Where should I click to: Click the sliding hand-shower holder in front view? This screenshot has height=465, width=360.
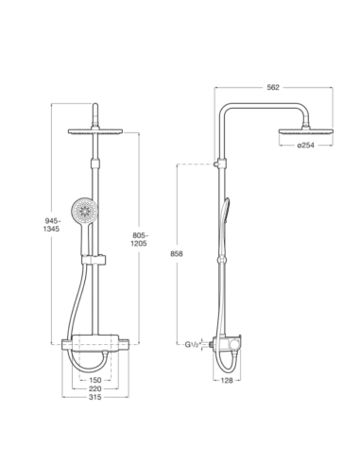click(x=96, y=257)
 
